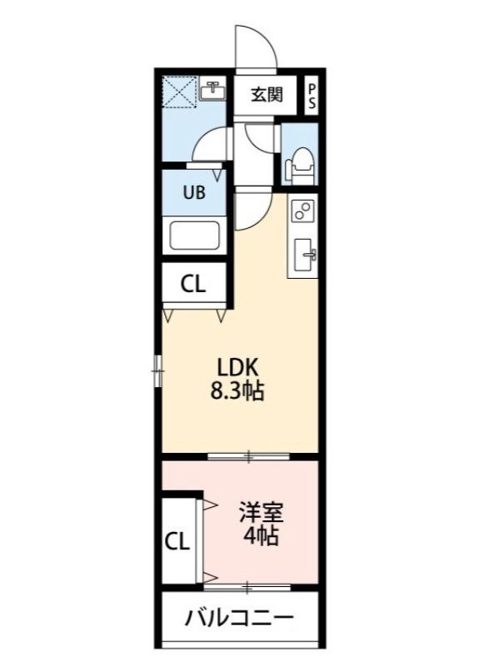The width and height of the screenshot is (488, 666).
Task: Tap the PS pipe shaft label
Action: [x=312, y=94]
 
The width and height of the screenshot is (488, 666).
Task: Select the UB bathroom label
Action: [x=193, y=193]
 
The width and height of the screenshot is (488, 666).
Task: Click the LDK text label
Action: [x=239, y=366]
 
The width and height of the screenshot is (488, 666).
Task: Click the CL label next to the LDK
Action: [x=193, y=285]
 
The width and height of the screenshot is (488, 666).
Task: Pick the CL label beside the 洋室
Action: [x=177, y=542]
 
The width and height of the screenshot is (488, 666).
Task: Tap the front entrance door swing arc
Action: [x=255, y=46]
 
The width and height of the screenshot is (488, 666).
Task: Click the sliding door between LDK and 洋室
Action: [x=248, y=455]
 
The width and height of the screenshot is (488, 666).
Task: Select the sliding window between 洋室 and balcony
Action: [x=248, y=587]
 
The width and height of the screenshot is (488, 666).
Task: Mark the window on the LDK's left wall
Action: [x=157, y=370]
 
